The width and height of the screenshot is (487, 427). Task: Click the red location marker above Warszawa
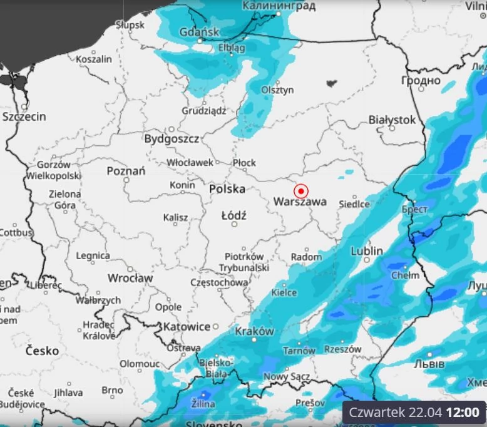tap(301, 191)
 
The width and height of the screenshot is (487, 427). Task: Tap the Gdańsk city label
tap(199, 32)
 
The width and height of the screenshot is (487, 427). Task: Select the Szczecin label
tap(24, 117)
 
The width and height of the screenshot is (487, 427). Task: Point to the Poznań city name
tap(126, 171)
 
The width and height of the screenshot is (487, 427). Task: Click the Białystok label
tap(392, 119)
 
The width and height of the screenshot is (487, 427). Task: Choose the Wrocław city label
tap(130, 277)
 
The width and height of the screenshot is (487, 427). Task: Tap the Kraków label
tap(255, 331)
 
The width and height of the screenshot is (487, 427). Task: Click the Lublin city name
tap(367, 251)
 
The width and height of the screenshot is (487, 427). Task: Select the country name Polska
tap(227, 189)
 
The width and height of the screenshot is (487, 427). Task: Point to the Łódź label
tap(234, 215)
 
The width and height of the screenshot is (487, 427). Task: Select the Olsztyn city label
tap(277, 90)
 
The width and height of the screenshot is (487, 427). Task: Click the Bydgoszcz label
tap(172, 139)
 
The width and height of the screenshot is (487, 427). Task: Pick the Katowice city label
tap(187, 327)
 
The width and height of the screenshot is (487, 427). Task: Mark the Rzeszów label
tap(344, 349)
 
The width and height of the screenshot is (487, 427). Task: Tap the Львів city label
tap(429, 364)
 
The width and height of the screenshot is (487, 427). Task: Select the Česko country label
tap(43, 351)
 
